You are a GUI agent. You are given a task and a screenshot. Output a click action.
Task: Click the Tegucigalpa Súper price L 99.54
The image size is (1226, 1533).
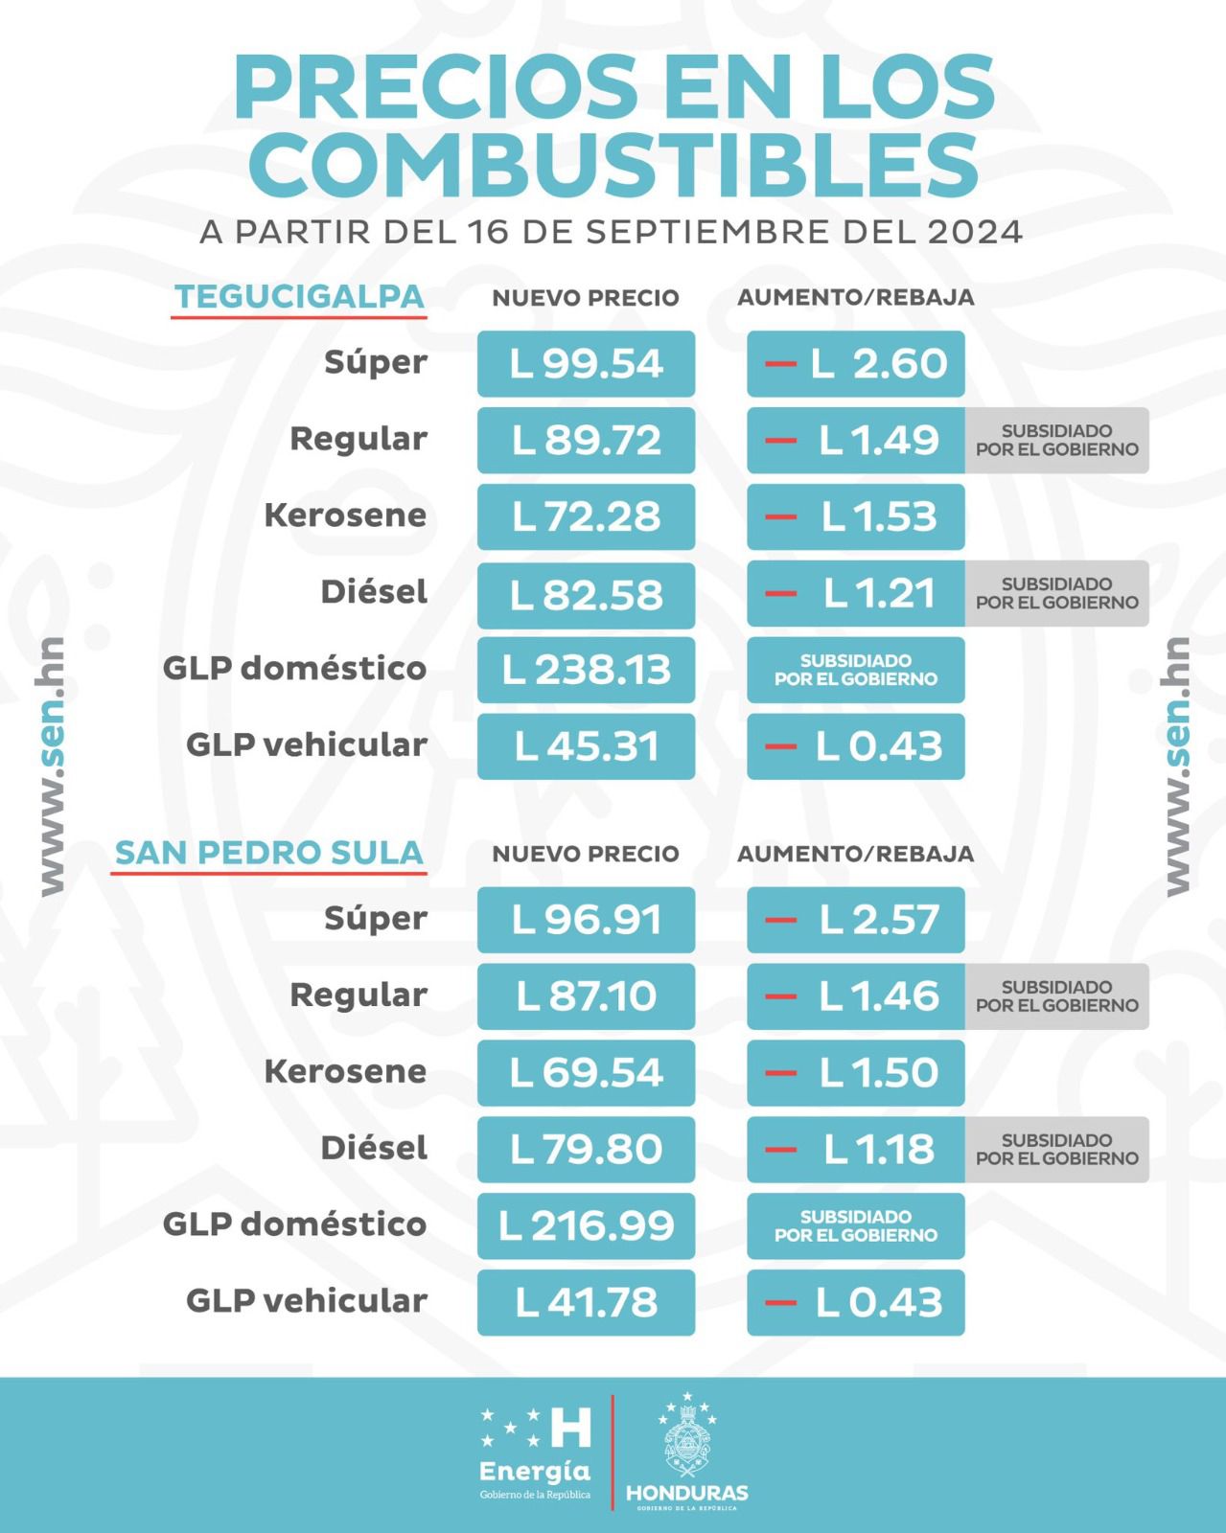click(x=586, y=364)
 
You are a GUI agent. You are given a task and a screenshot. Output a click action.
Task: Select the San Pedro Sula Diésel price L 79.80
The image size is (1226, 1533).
click(x=586, y=1149)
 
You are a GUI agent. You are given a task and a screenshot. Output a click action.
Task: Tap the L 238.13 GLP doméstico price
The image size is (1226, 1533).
click(x=586, y=670)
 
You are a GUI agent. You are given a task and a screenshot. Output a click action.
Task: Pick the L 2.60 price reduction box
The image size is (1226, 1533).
click(x=855, y=364)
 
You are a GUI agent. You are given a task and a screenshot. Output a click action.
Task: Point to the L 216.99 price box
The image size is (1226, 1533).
click(x=586, y=1225)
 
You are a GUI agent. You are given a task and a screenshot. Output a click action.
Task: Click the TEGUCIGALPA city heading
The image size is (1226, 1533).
click(x=299, y=297)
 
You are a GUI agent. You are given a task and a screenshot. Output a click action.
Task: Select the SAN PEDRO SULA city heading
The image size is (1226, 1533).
click(x=269, y=853)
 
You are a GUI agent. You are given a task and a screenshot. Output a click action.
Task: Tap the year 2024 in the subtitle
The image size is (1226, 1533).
click(x=975, y=232)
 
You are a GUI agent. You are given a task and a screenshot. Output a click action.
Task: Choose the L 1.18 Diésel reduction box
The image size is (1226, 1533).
click(x=855, y=1149)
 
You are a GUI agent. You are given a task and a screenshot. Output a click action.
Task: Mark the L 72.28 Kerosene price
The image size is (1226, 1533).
click(x=586, y=516)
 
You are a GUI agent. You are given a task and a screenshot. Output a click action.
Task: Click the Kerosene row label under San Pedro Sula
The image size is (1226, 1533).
click(x=345, y=1071)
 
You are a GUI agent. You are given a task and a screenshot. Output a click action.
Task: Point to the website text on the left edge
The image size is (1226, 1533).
click(x=52, y=766)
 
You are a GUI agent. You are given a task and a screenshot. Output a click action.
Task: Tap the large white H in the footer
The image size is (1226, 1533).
click(x=571, y=1428)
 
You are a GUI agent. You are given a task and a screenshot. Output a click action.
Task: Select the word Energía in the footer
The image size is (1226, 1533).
click(x=534, y=1471)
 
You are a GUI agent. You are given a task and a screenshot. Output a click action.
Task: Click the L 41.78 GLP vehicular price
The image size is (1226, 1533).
click(x=586, y=1302)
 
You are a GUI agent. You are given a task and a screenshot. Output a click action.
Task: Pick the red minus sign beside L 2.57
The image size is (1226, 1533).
click(x=781, y=920)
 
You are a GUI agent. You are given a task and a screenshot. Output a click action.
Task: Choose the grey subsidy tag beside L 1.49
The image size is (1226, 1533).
click(x=1056, y=440)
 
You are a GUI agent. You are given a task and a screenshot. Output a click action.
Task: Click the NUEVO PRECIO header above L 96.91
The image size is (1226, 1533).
click(x=586, y=854)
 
